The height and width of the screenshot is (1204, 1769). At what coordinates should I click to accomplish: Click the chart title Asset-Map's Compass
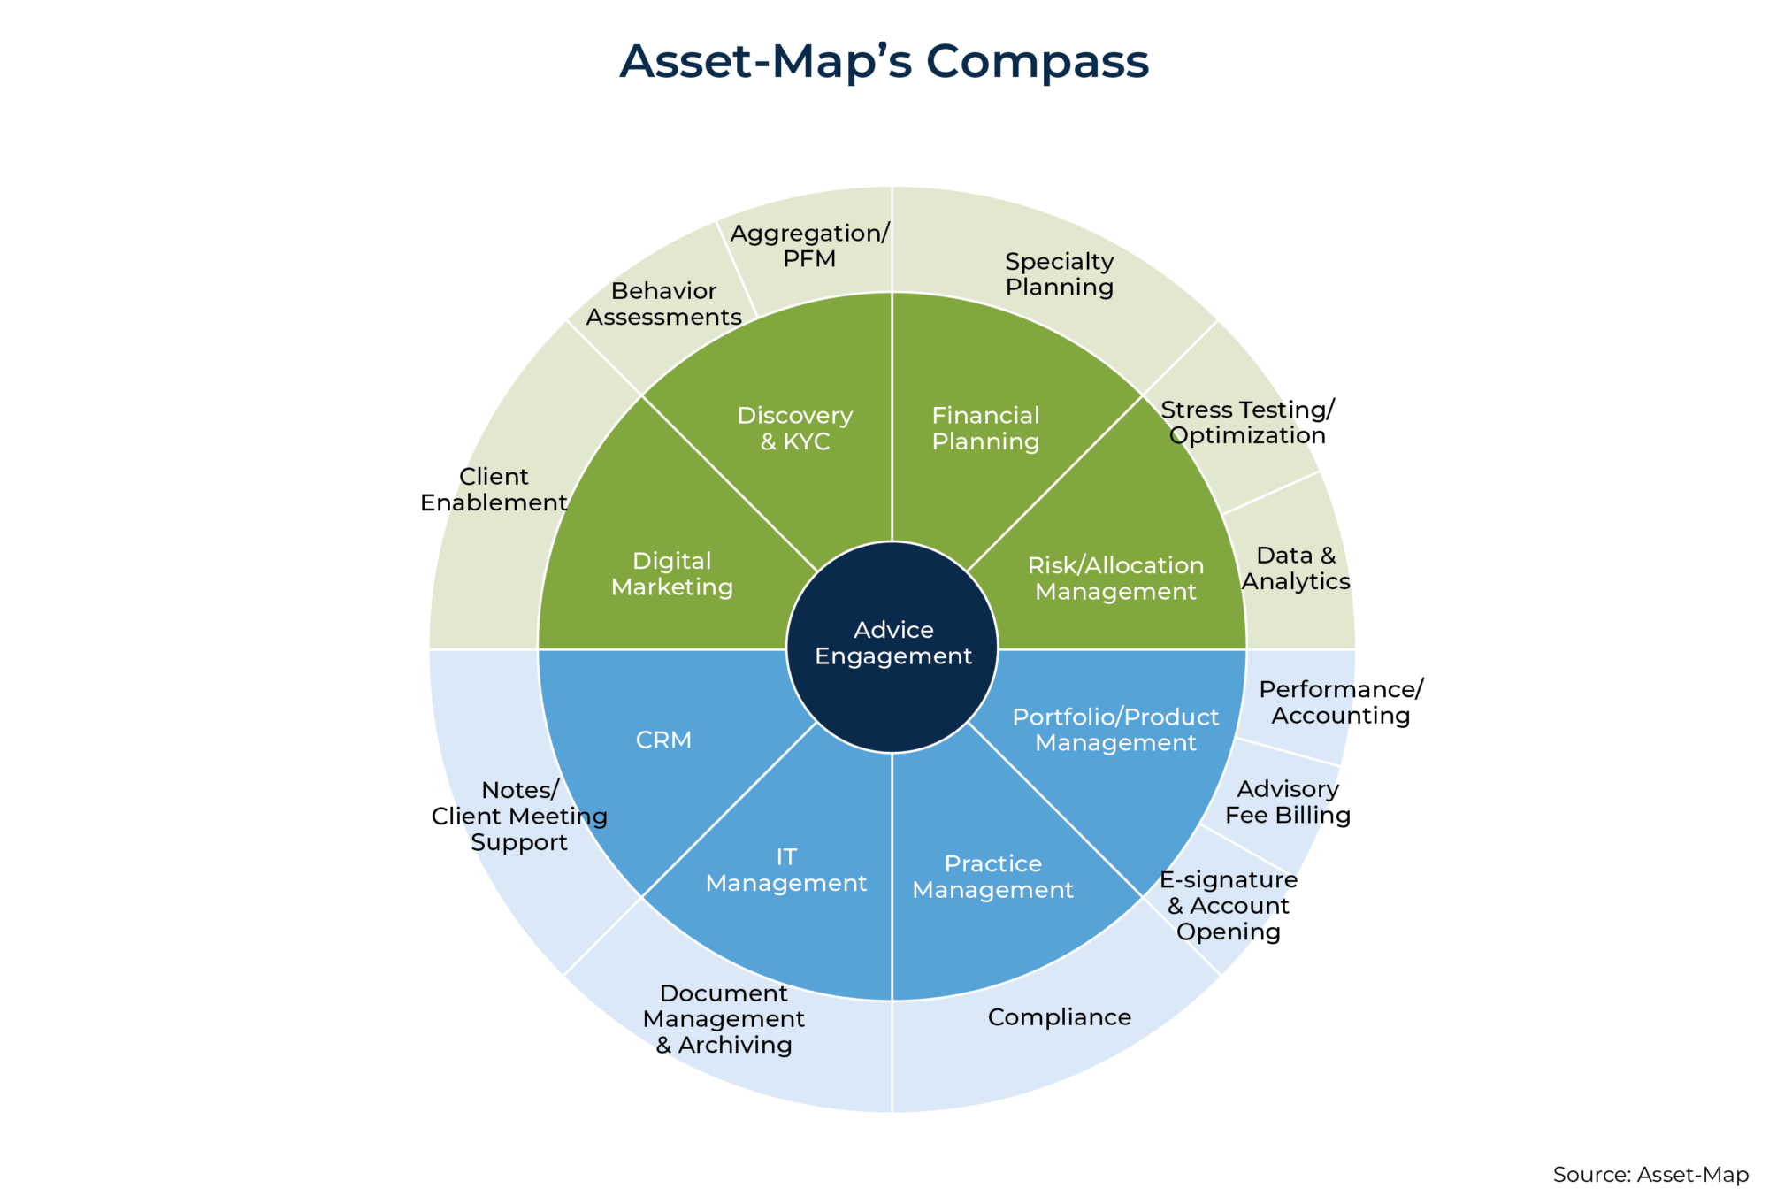(x=884, y=62)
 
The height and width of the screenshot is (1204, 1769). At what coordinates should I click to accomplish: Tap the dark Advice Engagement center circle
(x=892, y=644)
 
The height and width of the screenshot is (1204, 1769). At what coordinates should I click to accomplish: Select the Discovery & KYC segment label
(x=795, y=428)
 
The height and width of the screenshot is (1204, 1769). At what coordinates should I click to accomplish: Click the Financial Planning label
(x=985, y=428)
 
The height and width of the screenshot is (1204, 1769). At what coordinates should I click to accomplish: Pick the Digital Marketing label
(x=672, y=574)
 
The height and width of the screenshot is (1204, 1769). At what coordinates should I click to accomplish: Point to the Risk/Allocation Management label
(x=1115, y=579)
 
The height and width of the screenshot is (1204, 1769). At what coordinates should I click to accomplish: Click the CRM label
(x=663, y=740)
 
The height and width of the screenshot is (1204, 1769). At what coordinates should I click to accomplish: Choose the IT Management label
(x=786, y=870)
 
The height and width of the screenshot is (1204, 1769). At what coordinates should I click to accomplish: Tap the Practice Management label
(x=992, y=877)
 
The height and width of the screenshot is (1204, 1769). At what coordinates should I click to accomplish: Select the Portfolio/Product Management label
(x=1115, y=730)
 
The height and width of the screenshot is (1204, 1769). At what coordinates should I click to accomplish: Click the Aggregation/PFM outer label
(x=809, y=246)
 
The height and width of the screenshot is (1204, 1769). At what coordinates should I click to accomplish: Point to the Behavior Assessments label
(x=663, y=303)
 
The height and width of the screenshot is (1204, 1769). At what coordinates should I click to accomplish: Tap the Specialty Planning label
(x=1059, y=274)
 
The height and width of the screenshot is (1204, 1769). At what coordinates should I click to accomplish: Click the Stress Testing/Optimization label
(x=1247, y=422)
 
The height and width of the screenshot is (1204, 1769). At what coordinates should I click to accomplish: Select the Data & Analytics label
(x=1296, y=568)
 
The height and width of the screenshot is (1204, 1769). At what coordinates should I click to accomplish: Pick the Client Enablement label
(x=494, y=489)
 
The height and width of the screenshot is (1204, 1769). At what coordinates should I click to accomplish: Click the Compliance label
(x=1059, y=1017)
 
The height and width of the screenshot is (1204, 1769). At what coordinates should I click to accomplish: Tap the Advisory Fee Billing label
(x=1287, y=801)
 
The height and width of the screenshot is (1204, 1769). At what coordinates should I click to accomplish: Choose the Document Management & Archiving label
(x=724, y=1019)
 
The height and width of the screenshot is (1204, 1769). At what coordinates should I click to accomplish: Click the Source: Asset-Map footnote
(x=1650, y=1175)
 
